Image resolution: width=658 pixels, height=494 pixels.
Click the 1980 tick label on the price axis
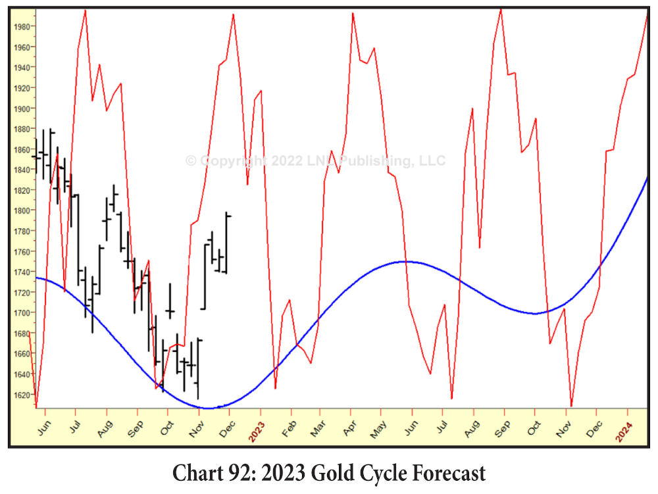(20, 27)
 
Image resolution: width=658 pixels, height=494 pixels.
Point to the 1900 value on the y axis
(20, 109)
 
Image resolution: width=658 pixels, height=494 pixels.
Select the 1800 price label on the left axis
(20, 210)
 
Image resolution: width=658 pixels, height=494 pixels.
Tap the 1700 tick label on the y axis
(20, 312)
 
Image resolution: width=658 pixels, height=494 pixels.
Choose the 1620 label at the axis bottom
(20, 394)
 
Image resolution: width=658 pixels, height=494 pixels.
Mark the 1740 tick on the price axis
(20, 272)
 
